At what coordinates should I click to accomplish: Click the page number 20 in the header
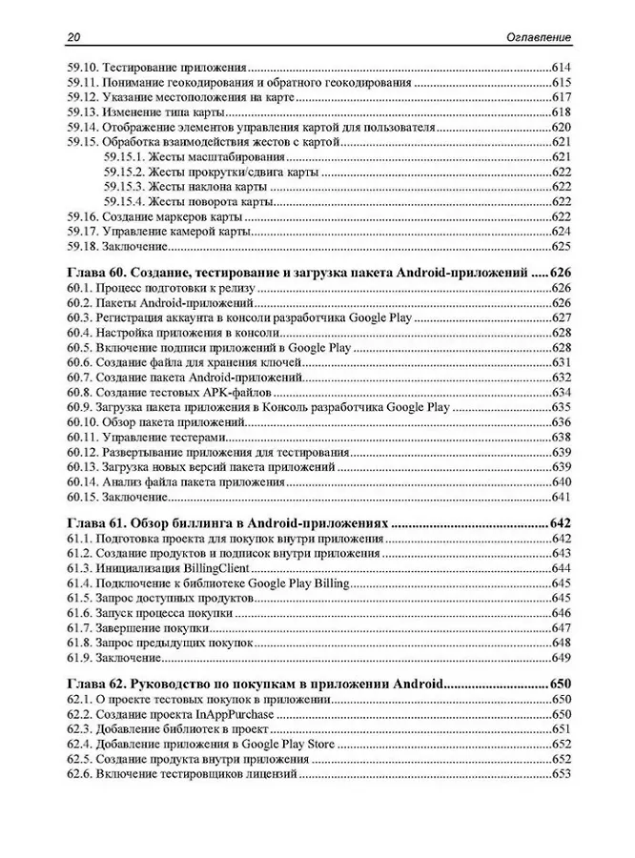(73, 36)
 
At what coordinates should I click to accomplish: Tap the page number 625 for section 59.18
(560, 246)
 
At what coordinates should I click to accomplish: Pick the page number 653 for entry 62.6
(560, 774)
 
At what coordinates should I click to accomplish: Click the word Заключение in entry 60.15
(133, 497)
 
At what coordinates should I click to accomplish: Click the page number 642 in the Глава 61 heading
(560, 523)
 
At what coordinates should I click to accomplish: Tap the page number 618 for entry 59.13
(560, 112)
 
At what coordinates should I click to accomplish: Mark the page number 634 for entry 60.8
(560, 393)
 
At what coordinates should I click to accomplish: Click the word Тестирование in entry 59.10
(139, 68)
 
